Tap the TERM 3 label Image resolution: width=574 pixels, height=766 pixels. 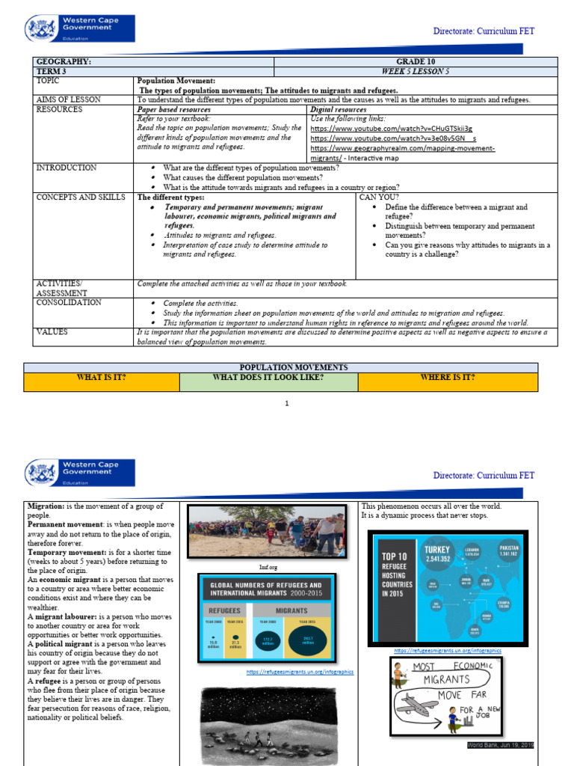point(51,71)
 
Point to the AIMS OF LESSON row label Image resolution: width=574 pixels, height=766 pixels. point(68,99)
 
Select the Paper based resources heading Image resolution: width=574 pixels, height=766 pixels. point(173,109)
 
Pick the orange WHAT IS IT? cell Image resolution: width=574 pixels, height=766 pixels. point(102,377)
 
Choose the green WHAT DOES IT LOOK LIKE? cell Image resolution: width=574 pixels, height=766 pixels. point(268,377)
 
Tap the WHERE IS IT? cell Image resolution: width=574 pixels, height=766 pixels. point(448,377)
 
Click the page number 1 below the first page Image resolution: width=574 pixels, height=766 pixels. point(286,403)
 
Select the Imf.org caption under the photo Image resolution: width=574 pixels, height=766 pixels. point(266,566)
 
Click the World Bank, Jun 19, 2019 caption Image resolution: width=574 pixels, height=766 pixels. point(499,745)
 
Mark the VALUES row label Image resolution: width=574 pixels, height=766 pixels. point(52,331)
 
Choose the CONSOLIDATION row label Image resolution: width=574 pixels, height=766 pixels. point(69,302)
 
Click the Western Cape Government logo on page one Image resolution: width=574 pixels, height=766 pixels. point(81,31)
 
